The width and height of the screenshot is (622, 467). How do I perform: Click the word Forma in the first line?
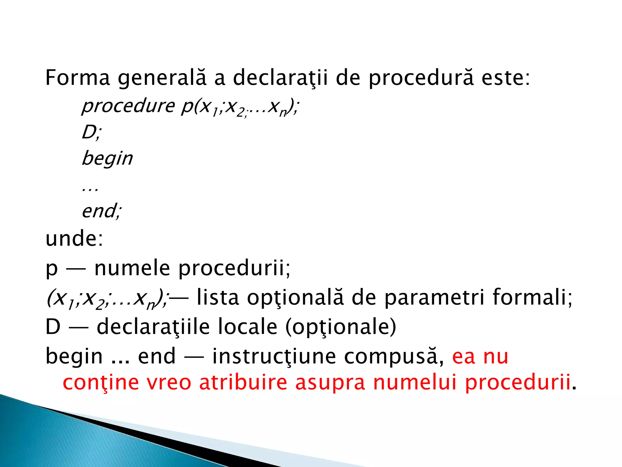(77, 78)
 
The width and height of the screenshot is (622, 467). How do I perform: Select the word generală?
(162, 78)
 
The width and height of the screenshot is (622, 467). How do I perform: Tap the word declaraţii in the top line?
(280, 78)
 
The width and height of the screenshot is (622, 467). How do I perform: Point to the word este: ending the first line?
(505, 78)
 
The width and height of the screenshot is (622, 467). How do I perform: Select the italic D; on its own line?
(91, 132)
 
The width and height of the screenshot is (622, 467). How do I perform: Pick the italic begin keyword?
(107, 158)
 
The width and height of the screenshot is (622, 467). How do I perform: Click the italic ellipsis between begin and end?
(90, 189)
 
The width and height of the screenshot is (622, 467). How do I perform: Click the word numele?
(132, 268)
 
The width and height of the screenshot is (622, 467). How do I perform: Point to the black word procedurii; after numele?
(234, 268)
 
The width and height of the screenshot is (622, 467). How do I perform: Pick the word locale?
(248, 327)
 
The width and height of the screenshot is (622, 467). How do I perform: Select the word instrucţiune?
(274, 356)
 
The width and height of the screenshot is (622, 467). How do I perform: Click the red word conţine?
(101, 382)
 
